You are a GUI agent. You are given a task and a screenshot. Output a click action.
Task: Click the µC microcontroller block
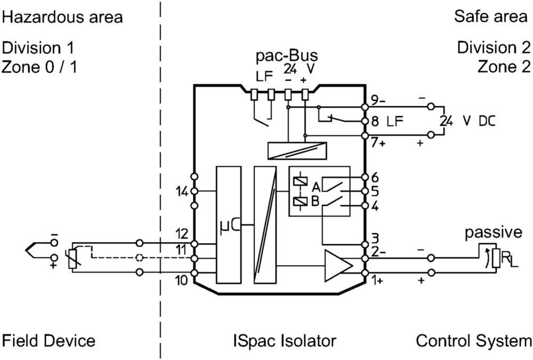pos(229,225)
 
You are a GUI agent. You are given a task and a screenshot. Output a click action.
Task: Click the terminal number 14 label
pos(182,192)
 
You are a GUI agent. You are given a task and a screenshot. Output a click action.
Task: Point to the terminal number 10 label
pos(181,281)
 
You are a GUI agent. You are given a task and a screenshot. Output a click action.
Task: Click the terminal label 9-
pos(378,100)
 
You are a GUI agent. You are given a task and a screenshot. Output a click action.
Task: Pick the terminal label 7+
pos(378,142)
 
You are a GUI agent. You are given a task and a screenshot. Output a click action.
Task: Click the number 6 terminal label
pos(375,177)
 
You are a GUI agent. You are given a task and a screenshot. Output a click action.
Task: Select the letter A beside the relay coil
pos(316,187)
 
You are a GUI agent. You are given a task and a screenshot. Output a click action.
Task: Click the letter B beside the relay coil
pos(315,202)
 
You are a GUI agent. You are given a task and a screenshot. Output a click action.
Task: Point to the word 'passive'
pos(493,233)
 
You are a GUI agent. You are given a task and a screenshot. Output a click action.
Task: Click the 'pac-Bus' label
pos(287,55)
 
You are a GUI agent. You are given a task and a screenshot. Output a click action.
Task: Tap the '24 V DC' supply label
pos(468,121)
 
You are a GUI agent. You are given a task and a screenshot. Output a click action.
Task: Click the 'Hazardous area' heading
pos(62,17)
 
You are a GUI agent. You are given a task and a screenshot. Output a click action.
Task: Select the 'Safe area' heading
pos(490,16)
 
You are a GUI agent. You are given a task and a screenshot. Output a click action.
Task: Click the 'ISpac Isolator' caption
pos(285,341)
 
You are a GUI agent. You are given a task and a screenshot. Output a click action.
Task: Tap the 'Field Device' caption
pos(49,341)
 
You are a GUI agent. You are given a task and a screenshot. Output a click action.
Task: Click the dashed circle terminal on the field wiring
pos(139,258)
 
